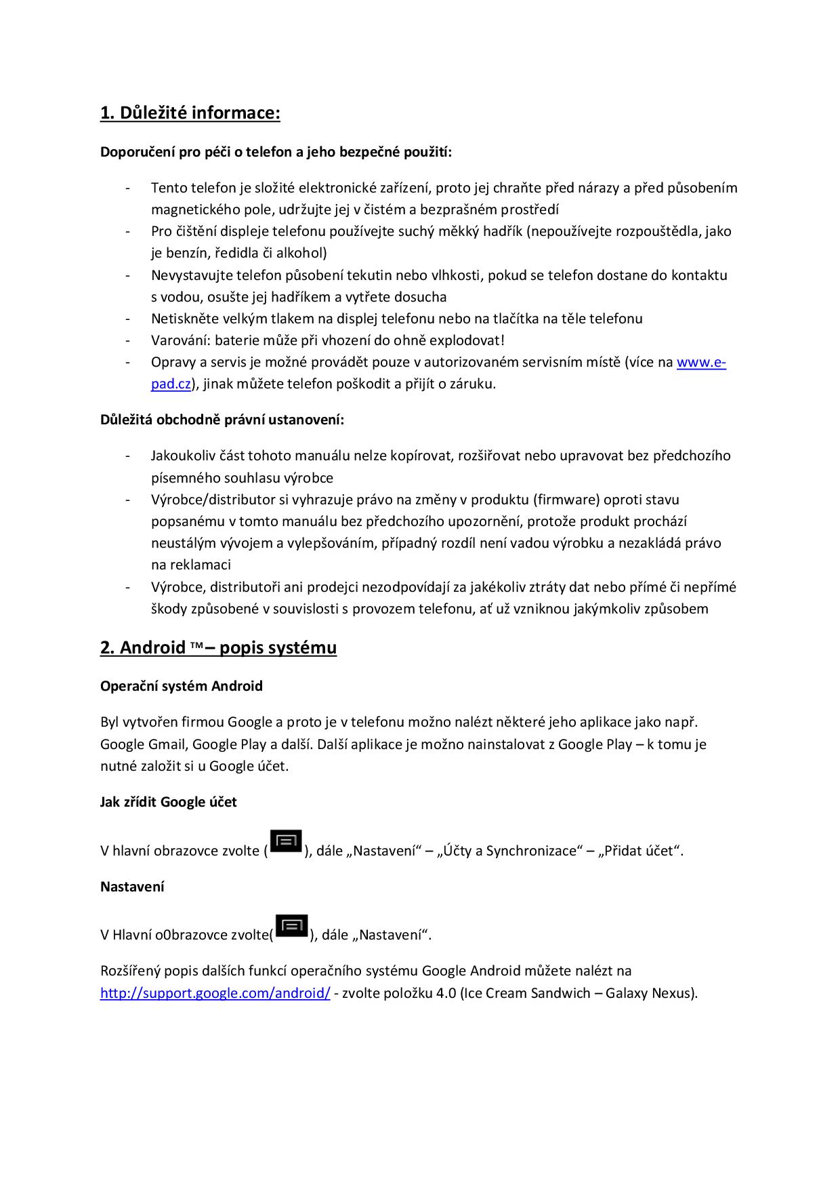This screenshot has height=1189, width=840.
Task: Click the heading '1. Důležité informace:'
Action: [x=190, y=113]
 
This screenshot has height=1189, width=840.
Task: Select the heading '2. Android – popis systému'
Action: [x=218, y=648]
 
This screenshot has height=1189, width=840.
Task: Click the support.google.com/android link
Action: [x=215, y=993]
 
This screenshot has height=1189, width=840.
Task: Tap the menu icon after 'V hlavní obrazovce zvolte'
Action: [x=286, y=842]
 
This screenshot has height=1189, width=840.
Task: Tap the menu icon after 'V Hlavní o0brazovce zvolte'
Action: [x=292, y=927]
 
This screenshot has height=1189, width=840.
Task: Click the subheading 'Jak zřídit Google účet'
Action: [x=168, y=803]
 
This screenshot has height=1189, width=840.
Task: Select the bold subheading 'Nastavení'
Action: [x=132, y=887]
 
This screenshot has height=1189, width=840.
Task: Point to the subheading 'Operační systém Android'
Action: [x=181, y=686]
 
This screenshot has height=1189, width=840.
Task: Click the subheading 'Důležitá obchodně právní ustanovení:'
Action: [x=222, y=420]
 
